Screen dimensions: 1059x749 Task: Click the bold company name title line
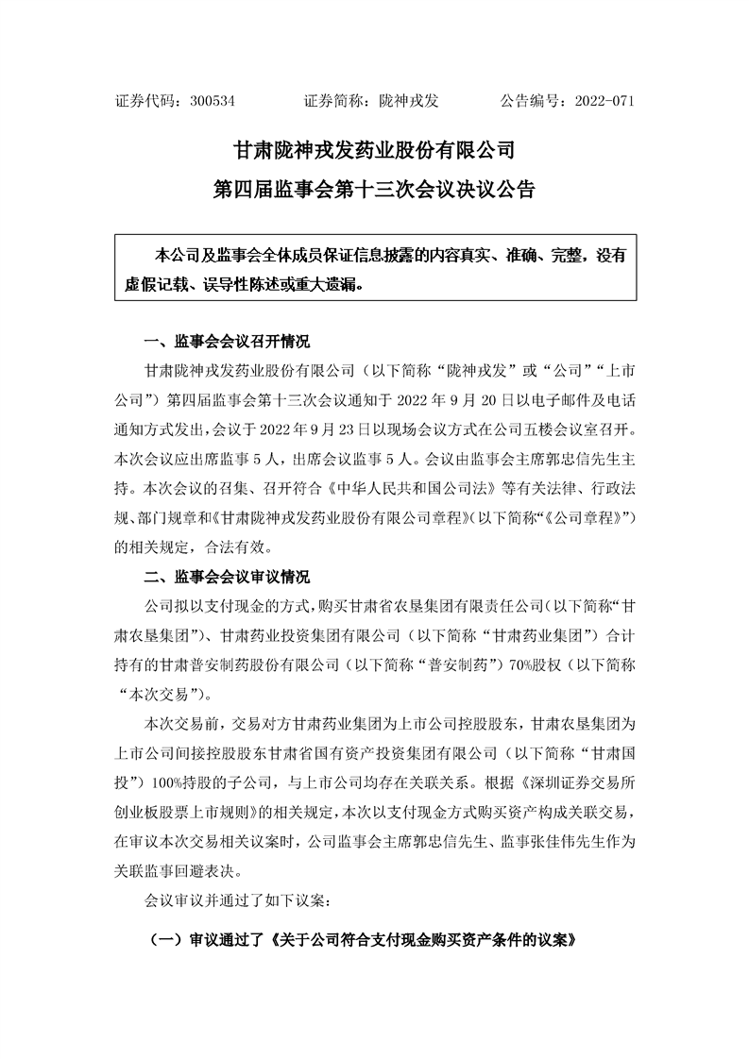coord(374,149)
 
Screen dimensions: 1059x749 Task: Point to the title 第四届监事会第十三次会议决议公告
coord(374,190)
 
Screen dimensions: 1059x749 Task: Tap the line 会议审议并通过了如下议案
coord(236,900)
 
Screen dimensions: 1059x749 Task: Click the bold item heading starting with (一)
coord(364,942)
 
